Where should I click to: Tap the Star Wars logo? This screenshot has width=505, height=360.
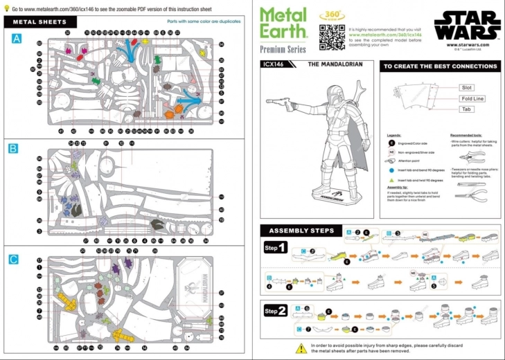pos(467,25)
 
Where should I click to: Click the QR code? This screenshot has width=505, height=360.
pos(332,37)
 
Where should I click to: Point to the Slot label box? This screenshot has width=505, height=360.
pos(466,88)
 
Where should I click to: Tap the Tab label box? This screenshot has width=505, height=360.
pos(466,109)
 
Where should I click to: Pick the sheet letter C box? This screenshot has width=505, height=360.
pos(13,259)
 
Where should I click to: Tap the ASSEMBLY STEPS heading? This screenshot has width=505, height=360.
pos(302,231)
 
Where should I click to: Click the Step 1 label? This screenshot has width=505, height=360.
pos(276,248)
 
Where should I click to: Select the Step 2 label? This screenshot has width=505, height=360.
pos(276,311)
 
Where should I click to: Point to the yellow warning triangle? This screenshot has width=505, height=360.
pos(301,348)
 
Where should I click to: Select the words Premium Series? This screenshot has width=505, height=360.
pos(283,49)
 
